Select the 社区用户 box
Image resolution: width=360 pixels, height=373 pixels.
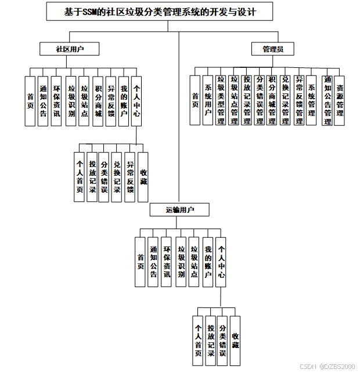[69, 49]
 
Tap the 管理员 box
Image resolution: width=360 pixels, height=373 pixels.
[273, 49]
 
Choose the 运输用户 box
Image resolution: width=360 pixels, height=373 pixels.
[179, 209]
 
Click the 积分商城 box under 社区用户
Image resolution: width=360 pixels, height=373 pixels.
[98, 101]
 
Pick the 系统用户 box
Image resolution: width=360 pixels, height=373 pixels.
[207, 100]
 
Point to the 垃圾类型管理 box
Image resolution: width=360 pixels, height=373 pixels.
[221, 100]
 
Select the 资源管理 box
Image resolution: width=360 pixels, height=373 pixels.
[340, 100]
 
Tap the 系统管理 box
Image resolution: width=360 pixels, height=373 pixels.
[311, 100]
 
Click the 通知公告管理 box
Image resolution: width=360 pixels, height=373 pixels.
[327, 100]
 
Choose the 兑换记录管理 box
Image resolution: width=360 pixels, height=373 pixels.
[285, 100]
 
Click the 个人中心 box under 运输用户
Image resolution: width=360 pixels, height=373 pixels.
[221, 262]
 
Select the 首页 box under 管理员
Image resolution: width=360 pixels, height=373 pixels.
[195, 100]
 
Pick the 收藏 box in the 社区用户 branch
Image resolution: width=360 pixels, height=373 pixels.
[143, 177]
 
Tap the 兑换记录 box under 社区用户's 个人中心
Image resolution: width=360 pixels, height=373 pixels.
[117, 177]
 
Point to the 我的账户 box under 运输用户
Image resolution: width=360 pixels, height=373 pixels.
[207, 262]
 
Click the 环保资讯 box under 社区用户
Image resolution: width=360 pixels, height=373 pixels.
[56, 101]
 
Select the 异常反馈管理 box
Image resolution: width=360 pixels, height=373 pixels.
[298, 100]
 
